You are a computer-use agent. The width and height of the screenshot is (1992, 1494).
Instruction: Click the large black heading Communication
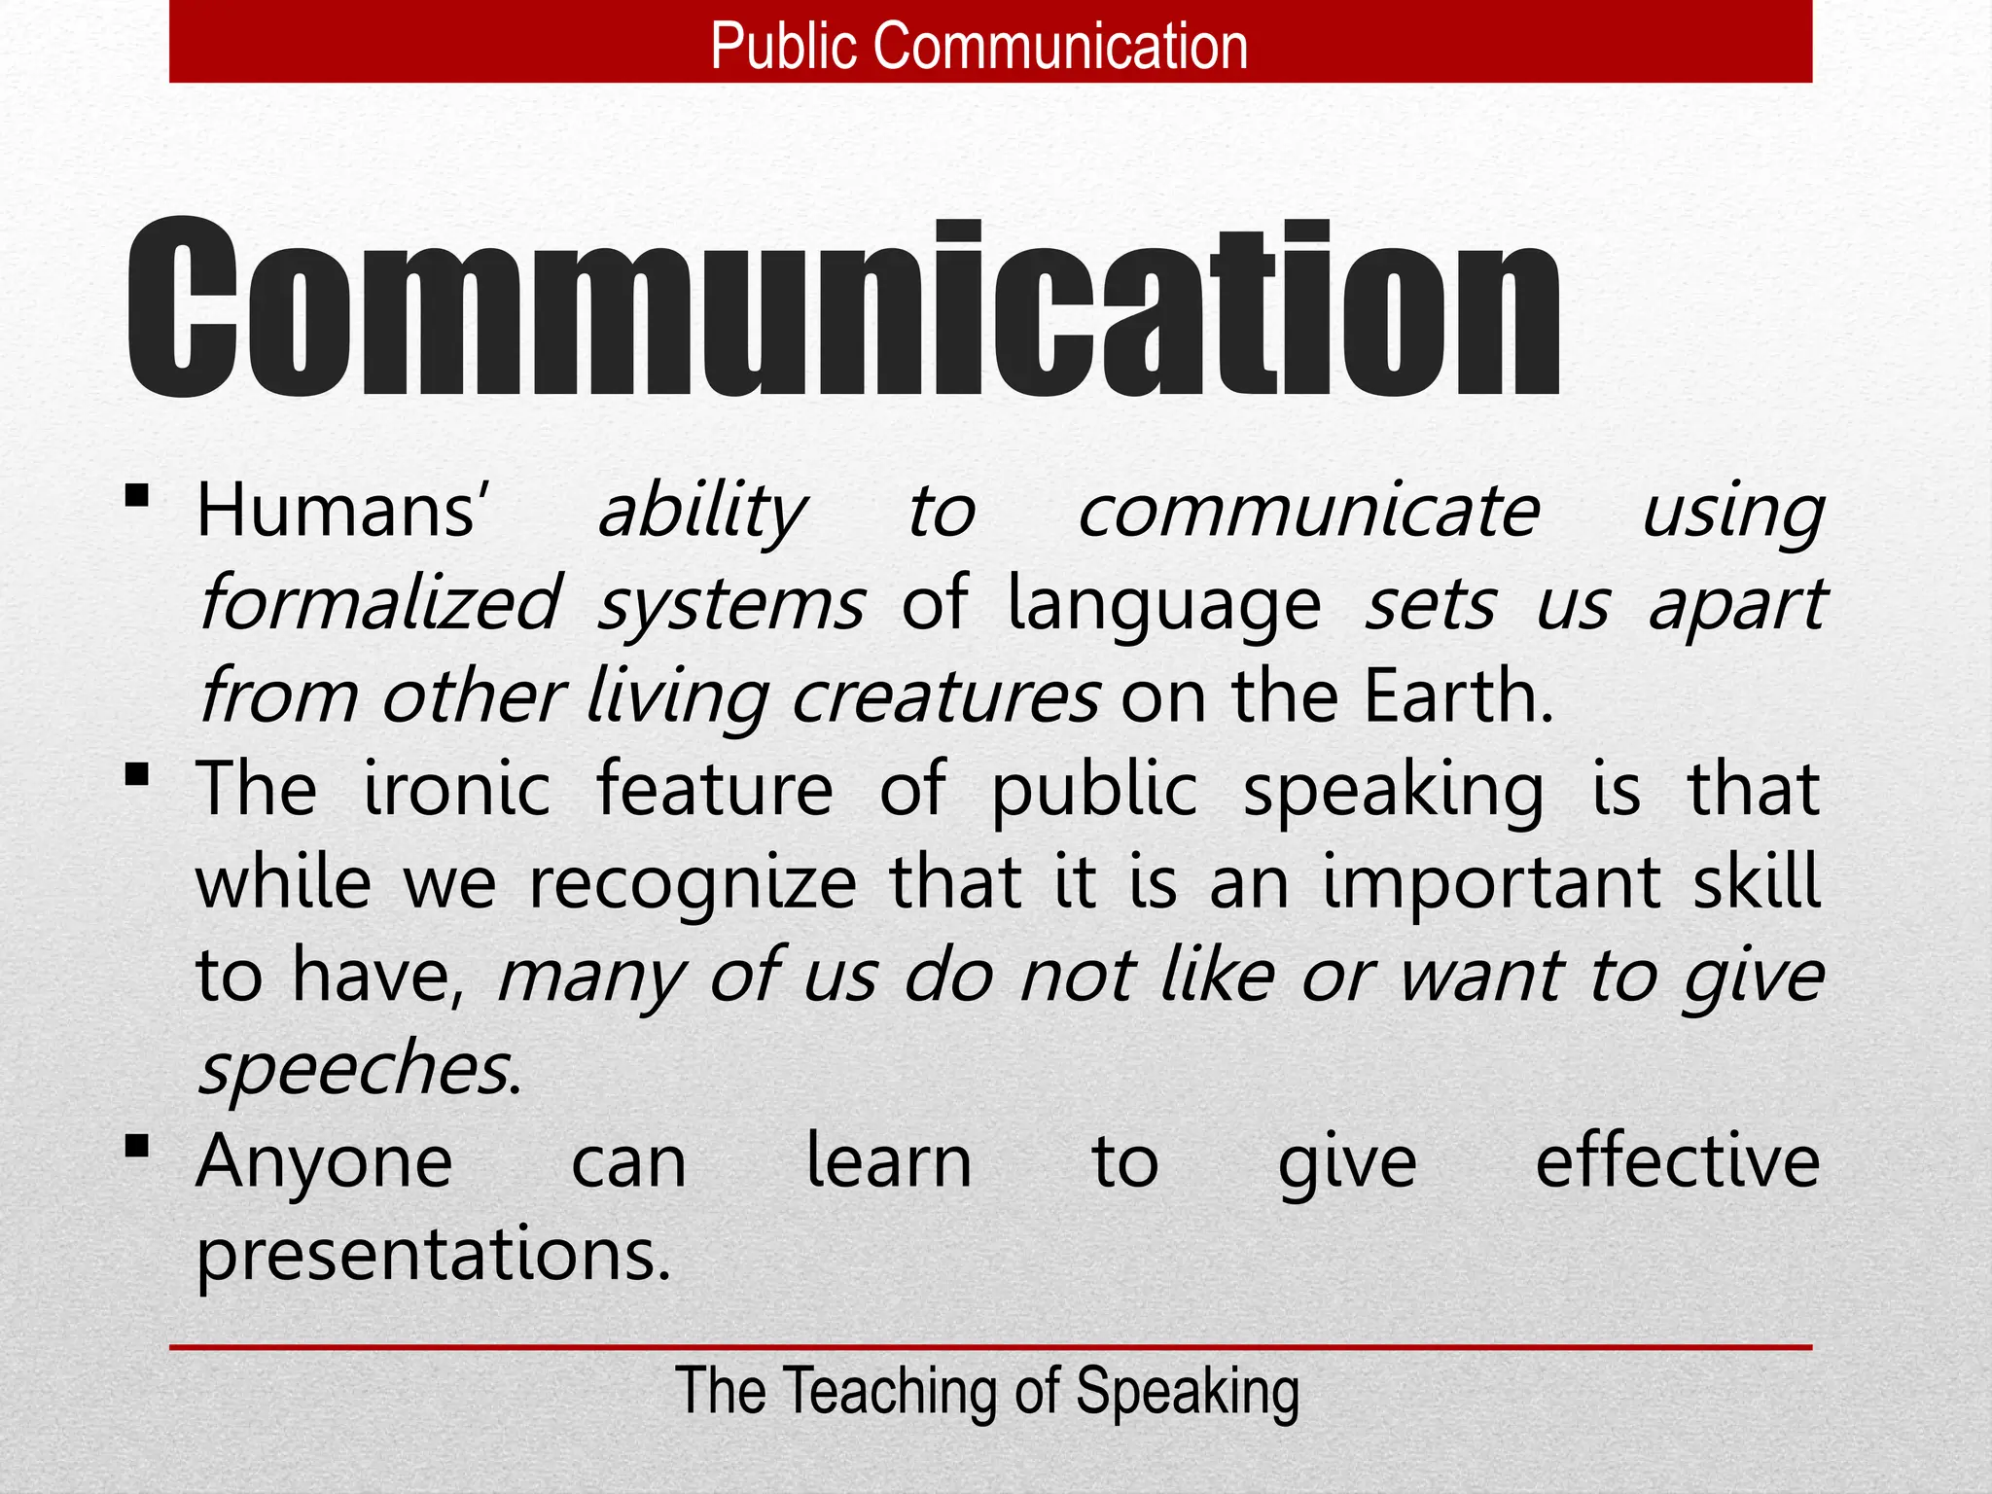coord(844,308)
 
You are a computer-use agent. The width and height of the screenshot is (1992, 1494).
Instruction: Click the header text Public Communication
coord(979,46)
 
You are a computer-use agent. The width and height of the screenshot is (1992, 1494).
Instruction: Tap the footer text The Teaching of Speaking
coord(987,1391)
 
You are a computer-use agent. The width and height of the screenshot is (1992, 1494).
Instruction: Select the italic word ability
coord(701,513)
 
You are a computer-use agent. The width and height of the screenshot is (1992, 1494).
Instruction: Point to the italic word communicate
coord(1309,512)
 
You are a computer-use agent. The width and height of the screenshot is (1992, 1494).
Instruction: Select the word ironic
coord(457,789)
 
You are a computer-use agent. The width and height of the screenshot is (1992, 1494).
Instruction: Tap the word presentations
coord(434,1255)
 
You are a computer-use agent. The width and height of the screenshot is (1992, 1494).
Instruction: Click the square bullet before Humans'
coord(137,497)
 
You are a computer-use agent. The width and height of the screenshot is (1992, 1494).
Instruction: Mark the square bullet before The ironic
coord(137,775)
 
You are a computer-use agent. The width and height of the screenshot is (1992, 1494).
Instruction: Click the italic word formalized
coord(379,604)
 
